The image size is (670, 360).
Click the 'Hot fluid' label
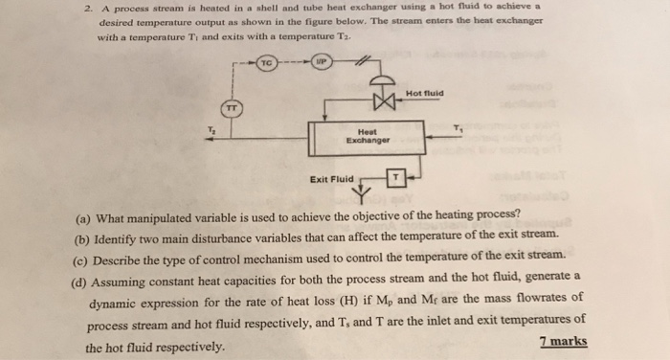click(x=423, y=94)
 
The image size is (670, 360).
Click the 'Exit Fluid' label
click(x=332, y=178)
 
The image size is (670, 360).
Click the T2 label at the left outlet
click(x=212, y=129)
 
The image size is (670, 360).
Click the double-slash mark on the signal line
click(x=363, y=63)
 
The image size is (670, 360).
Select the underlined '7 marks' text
click(x=564, y=342)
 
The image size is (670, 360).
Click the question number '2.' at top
click(x=87, y=8)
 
